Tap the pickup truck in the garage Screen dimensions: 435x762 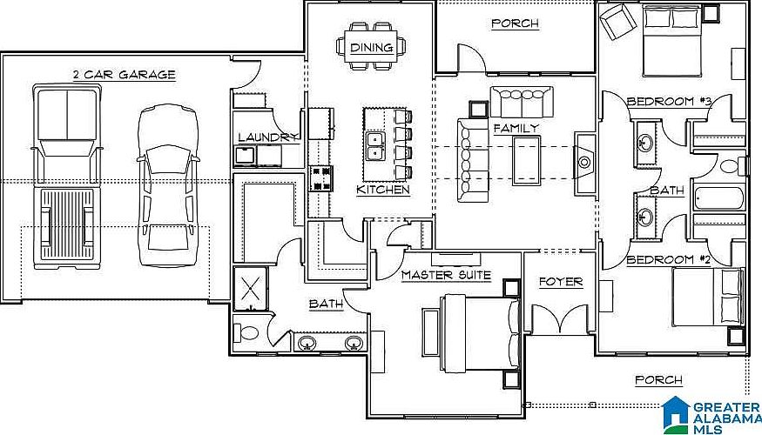click(64, 174)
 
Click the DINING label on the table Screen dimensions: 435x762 click(372, 48)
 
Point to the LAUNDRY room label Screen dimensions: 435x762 click(269, 137)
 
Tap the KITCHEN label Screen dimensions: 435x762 click(383, 190)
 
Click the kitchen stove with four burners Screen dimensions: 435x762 click(322, 177)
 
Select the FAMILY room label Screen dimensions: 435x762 click(516, 128)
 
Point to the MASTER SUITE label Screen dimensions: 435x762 click(446, 275)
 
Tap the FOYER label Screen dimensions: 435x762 click(560, 282)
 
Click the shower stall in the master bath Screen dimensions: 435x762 click(250, 288)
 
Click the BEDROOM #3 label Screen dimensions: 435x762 click(670, 102)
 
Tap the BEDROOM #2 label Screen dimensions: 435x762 click(670, 259)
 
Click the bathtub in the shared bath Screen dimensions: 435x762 click(718, 199)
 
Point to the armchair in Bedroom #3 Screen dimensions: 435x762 click(618, 21)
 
